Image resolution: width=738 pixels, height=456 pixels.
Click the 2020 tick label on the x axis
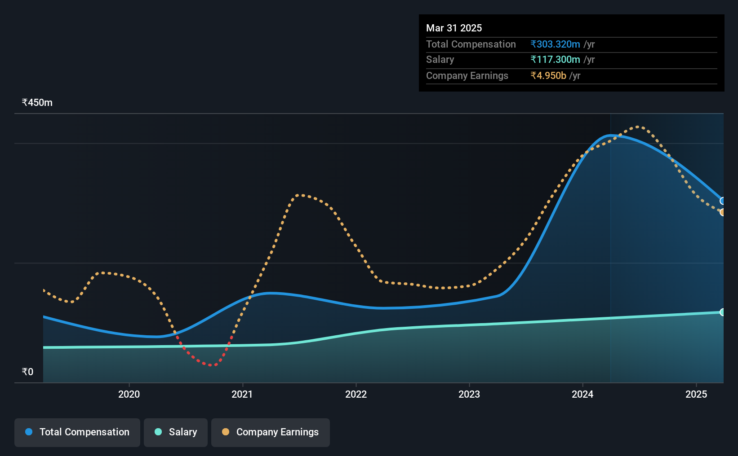coord(129,394)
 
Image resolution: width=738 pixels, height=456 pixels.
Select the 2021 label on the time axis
coord(242,394)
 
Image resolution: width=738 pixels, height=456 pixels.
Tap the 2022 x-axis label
coord(356,394)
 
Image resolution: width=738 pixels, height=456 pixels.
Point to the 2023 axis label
coord(469,394)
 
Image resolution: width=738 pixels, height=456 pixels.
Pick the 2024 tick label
coord(582,394)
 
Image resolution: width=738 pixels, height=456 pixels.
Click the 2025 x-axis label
coord(696,394)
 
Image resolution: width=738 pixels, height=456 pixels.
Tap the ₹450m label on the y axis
coord(37,103)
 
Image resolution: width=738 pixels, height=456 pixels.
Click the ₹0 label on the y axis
coord(28,372)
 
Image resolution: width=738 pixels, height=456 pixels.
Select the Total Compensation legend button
coord(77,432)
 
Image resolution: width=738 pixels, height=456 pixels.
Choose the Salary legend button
coord(176,432)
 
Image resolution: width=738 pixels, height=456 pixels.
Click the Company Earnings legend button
coord(271,432)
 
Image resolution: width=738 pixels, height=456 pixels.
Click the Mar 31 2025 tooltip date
coord(453,28)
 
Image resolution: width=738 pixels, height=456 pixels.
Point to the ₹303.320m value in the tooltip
coord(555,44)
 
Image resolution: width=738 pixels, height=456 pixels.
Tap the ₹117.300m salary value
coord(555,60)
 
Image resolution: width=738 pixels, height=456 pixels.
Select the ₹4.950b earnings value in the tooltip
coord(548,76)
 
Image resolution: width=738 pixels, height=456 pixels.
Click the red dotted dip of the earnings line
coord(210,364)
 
